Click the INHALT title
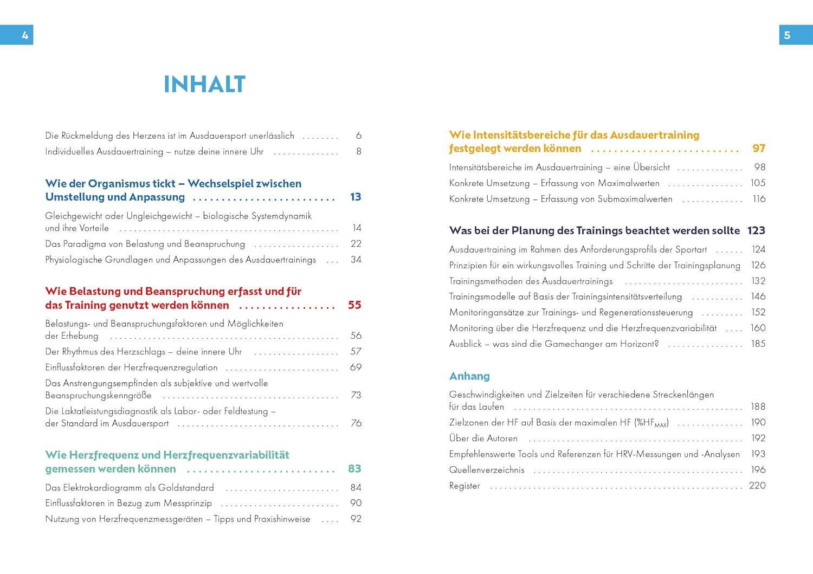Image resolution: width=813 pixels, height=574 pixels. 204,85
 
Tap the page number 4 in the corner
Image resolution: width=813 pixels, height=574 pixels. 25,35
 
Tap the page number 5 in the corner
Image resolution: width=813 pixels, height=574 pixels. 787,35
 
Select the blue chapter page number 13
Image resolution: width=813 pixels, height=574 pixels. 356,197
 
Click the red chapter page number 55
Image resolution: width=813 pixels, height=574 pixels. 354,305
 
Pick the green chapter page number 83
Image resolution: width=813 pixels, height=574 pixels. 354,469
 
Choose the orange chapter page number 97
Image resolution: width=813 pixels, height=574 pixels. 759,149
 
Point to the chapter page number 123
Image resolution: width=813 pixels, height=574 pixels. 756,231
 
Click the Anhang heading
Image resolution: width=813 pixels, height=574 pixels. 469,376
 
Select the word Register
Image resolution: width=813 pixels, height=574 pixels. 464,486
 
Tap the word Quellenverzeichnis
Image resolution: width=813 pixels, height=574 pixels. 487,470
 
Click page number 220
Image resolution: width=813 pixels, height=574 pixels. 757,486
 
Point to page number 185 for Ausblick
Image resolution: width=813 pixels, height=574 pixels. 758,344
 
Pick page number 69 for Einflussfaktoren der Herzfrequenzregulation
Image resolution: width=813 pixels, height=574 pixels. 356,367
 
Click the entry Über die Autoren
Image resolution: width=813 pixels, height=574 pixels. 483,438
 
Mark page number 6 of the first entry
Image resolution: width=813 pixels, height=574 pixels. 359,136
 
